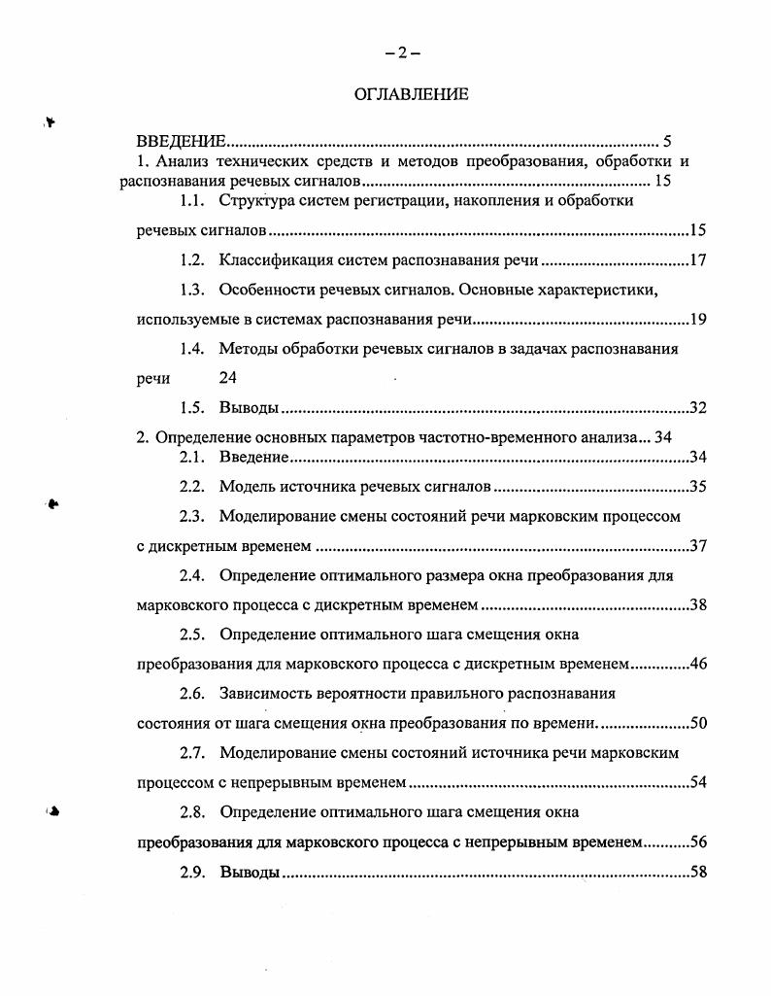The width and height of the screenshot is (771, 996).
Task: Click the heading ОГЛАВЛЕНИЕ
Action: coord(411,94)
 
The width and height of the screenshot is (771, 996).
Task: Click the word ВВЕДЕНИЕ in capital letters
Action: coord(181,142)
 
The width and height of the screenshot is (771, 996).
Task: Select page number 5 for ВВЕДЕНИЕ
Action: coord(667,142)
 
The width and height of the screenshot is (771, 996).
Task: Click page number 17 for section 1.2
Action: coord(697,260)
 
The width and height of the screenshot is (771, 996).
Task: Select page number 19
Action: coord(697,320)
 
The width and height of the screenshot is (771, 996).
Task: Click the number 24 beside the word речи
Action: coord(227,379)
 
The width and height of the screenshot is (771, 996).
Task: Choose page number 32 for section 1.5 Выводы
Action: coord(697,408)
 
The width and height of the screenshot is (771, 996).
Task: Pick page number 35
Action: coord(697,486)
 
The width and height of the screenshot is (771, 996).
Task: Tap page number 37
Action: coord(697,545)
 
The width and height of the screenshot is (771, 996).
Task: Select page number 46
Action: coord(697,665)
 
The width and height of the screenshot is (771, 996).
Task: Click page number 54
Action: coord(697,782)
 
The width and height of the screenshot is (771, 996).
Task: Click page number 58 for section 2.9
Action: coord(697,872)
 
